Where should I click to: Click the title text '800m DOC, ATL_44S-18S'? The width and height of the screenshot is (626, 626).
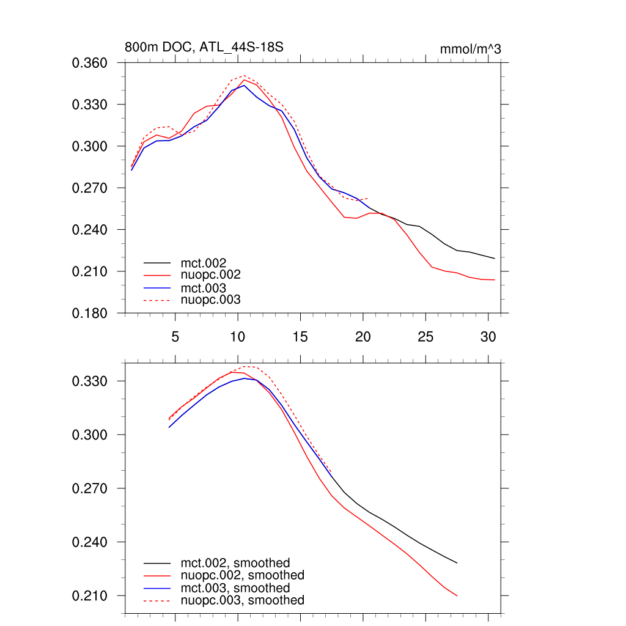click(204, 47)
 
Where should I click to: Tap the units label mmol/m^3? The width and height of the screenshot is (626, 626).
click(470, 49)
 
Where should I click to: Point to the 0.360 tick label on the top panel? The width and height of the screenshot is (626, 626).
click(90, 63)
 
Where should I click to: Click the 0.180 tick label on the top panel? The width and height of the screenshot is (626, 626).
click(90, 313)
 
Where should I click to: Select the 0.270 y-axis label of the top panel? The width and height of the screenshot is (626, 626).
click(90, 188)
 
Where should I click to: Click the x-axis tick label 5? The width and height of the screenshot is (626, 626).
click(175, 337)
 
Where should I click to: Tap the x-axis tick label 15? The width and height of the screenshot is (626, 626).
click(300, 337)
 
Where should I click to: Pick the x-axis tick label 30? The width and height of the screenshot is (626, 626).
click(488, 337)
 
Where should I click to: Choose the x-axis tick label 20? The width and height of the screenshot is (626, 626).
click(363, 337)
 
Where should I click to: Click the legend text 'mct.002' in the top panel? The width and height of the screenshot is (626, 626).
click(208, 263)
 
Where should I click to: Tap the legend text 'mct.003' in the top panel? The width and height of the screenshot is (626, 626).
click(208, 288)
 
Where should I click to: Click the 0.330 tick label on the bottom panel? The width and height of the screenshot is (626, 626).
click(90, 381)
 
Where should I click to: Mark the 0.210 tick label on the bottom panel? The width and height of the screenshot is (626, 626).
click(90, 596)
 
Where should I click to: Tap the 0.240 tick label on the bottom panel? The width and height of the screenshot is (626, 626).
click(90, 542)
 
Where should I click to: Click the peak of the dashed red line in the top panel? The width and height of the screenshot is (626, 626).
click(243, 76)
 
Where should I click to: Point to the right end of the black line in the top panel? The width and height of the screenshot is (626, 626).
click(494, 258)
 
